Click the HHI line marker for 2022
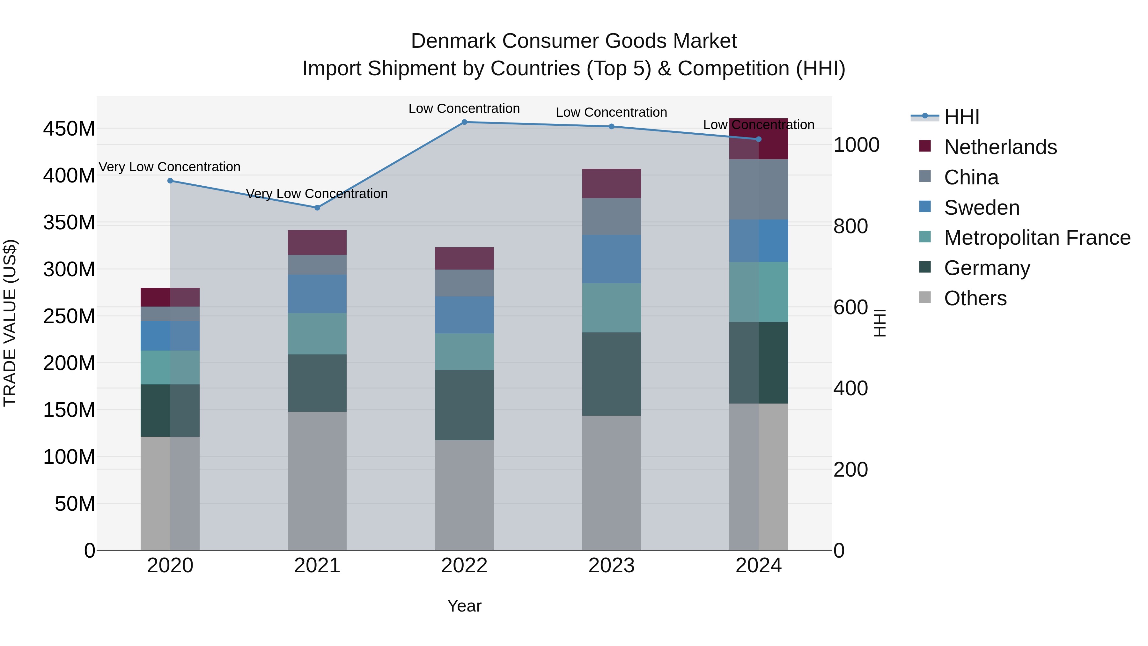(x=464, y=122)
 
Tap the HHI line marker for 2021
(x=317, y=208)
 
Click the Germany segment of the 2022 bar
(x=464, y=405)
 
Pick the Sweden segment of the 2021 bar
(x=317, y=294)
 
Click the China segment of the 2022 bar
(x=464, y=283)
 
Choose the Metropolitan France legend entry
(x=1037, y=238)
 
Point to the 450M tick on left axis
(x=69, y=129)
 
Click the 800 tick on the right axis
(x=850, y=226)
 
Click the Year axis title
(x=464, y=606)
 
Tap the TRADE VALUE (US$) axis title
(x=10, y=323)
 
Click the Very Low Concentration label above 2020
(x=169, y=167)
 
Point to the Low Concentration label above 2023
(x=611, y=112)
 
